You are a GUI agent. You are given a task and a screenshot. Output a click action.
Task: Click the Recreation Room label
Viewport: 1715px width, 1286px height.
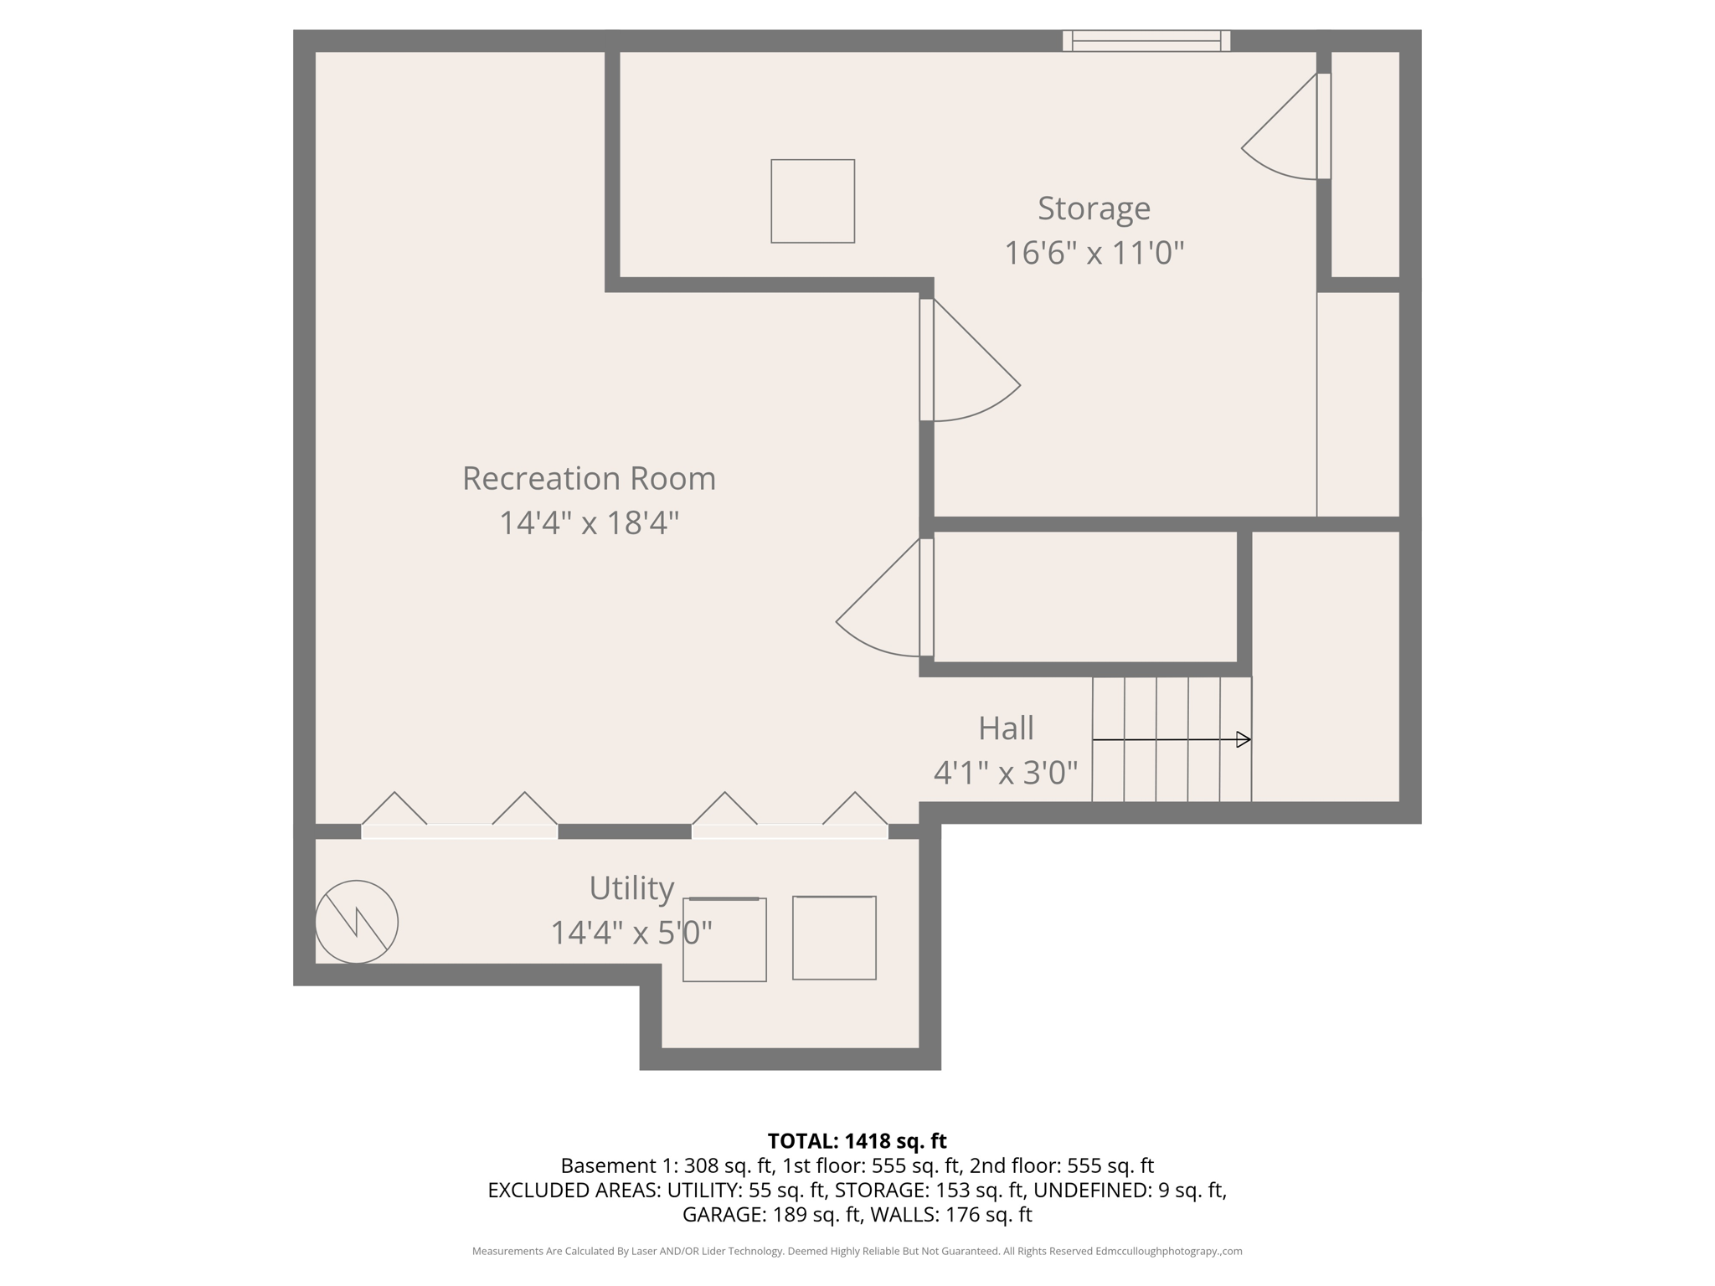tap(589, 479)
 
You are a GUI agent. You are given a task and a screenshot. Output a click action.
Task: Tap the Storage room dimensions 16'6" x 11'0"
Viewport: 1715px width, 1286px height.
tap(1094, 253)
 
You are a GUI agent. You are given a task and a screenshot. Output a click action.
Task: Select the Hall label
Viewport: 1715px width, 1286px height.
tap(1006, 728)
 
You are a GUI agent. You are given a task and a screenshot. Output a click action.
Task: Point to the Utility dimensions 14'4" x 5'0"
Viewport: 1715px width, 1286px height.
tap(631, 933)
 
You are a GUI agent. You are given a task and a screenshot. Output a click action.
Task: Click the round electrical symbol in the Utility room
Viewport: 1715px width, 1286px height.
tap(357, 922)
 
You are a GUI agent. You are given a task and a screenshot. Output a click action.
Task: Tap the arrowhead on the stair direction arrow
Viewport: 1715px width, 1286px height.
tap(1244, 739)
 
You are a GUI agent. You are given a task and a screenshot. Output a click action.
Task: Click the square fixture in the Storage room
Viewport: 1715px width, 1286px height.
tap(812, 201)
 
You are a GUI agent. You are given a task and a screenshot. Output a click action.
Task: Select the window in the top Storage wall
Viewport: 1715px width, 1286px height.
tap(1146, 40)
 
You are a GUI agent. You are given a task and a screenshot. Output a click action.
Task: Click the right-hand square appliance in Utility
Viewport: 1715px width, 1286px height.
tap(834, 938)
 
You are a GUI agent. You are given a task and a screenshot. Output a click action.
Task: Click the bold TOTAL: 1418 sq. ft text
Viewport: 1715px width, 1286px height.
tap(857, 1141)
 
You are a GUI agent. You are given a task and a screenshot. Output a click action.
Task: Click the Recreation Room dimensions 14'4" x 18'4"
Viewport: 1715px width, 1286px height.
tap(589, 523)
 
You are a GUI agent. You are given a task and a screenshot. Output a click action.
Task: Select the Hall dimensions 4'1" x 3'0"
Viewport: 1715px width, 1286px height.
tap(1006, 773)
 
